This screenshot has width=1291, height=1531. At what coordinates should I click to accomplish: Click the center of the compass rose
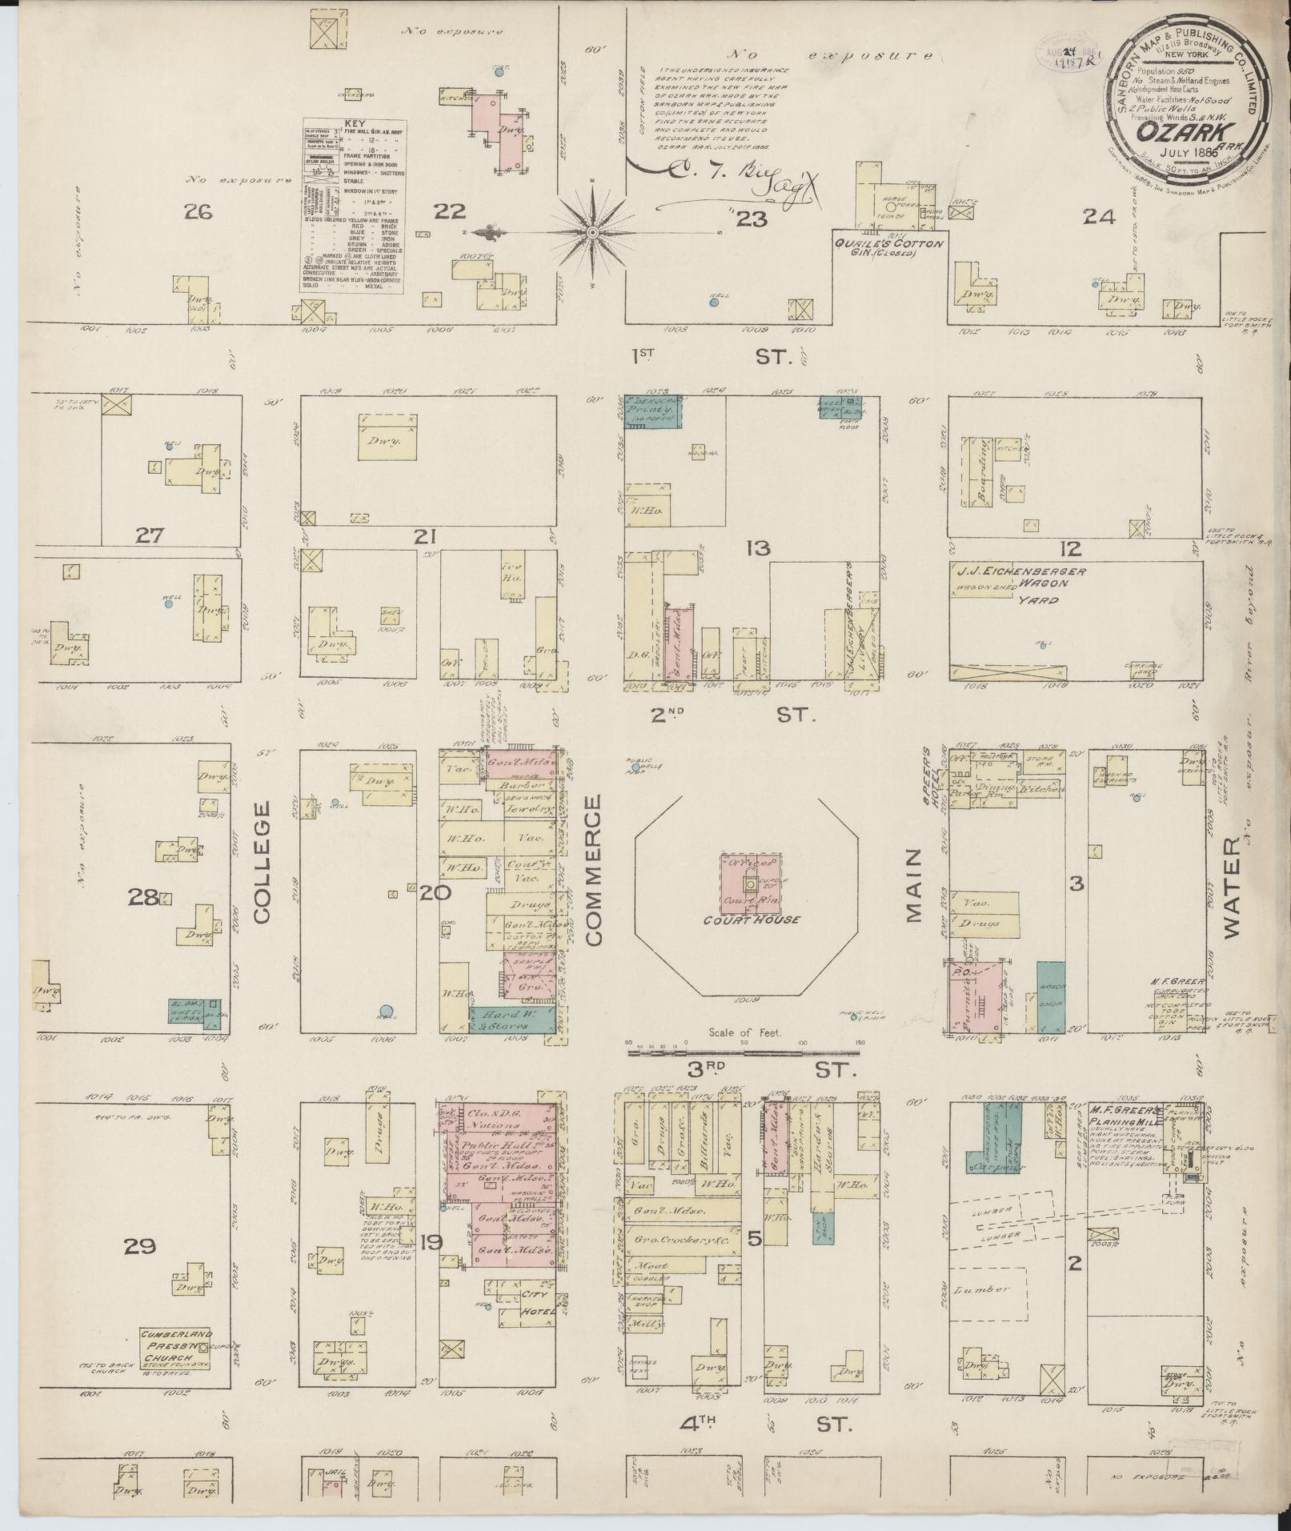coord(592,233)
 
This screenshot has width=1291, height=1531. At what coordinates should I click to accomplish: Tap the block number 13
coord(758,548)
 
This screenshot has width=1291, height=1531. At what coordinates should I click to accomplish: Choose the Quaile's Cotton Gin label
coord(889,248)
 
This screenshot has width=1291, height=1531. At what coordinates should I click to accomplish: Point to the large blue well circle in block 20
coord(386,1011)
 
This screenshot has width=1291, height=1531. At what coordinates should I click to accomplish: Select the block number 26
coord(196,211)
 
